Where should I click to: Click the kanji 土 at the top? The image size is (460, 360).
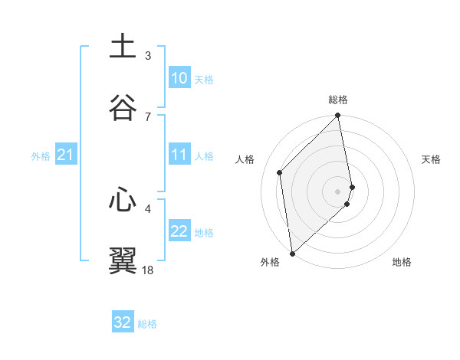click(123, 46)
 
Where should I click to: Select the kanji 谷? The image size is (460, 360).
click(123, 106)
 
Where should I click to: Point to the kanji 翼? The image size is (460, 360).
click(123, 260)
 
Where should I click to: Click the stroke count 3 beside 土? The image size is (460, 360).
click(148, 55)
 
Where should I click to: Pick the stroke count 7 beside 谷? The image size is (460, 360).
click(148, 116)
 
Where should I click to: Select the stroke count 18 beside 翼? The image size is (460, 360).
click(148, 270)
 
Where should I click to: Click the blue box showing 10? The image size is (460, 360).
click(179, 78)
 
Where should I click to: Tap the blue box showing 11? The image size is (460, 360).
click(179, 155)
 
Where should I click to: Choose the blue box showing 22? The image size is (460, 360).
click(179, 231)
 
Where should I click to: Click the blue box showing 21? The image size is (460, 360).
click(66, 155)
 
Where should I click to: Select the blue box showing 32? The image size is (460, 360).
click(123, 322)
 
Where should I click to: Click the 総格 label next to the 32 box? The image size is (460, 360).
click(147, 324)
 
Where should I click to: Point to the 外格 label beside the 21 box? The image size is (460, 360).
click(41, 156)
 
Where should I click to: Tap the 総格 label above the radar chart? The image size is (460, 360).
click(338, 100)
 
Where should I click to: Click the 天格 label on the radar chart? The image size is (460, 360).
click(432, 159)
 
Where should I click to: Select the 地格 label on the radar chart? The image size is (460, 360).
click(402, 263)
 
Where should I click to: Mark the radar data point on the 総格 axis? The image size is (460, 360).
click(338, 116)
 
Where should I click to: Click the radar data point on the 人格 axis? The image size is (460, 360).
click(280, 172)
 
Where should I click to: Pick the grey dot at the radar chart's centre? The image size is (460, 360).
click(338, 191)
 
